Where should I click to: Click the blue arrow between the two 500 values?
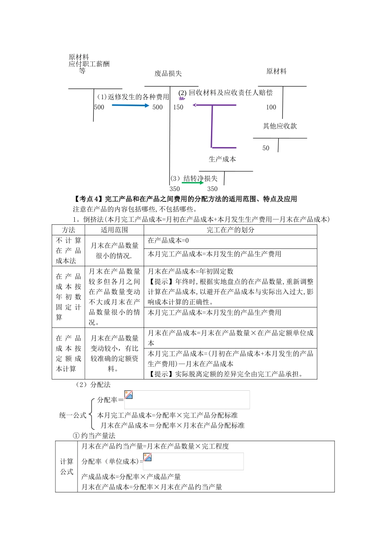tap(130, 105)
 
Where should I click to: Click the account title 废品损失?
tap(168, 74)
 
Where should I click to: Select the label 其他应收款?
tap(280, 126)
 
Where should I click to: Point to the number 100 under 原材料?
tap(271, 107)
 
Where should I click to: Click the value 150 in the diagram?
tap(178, 107)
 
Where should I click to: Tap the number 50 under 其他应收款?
tap(266, 148)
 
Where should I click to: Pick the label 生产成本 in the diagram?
tap(222, 159)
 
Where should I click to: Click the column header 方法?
tap(69, 230)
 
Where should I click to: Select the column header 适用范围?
tap(114, 230)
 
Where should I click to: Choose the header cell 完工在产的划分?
tap(230, 230)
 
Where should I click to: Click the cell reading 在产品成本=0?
tap(168, 241)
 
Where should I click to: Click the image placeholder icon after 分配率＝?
tap(128, 394)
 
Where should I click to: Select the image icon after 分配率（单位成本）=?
tap(147, 457)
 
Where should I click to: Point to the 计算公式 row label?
tap(67, 467)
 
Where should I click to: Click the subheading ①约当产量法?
tap(94, 436)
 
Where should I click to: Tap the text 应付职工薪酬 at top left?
tap(89, 64)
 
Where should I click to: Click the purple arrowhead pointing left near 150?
tap(195, 105)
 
